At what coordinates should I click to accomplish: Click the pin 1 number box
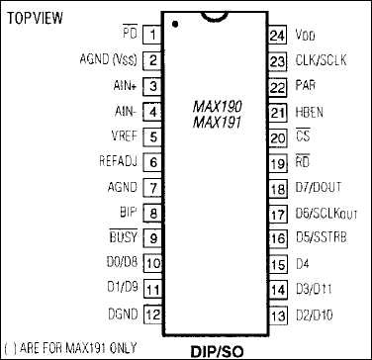tap(153, 35)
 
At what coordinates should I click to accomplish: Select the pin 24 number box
tap(277, 35)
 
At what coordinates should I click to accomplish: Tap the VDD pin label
tap(306, 35)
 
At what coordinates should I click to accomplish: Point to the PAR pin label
tap(306, 86)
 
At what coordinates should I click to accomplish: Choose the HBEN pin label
tap(310, 112)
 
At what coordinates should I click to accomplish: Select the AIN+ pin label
tap(124, 86)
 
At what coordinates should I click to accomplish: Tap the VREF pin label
tap(123, 136)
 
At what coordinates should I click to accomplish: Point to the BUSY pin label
tap(122, 237)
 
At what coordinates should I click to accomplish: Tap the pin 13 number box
tap(277, 315)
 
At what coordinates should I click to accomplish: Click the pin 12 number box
tap(153, 314)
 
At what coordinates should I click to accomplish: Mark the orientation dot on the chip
tap(174, 23)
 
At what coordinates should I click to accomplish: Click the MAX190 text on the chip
tap(215, 106)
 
